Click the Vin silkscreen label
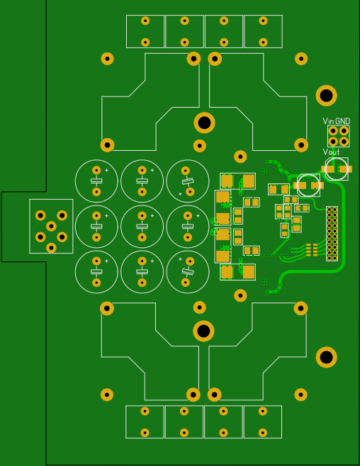click(x=328, y=121)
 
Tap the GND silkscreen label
click(x=342, y=121)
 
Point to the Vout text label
click(x=331, y=152)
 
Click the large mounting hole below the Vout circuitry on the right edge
click(x=326, y=357)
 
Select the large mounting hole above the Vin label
click(x=326, y=96)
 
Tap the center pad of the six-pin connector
click(x=51, y=226)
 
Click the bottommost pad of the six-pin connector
click(x=51, y=248)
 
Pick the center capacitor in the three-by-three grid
click(x=142, y=227)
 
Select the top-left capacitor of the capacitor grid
click(x=96, y=181)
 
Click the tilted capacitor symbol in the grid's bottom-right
click(x=188, y=272)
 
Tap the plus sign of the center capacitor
click(x=152, y=216)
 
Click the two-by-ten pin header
click(x=332, y=234)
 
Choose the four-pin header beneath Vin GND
click(x=339, y=136)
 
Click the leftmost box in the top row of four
click(x=145, y=31)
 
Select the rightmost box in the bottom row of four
click(x=263, y=421)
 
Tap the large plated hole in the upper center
click(x=204, y=123)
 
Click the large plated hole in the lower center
click(x=203, y=331)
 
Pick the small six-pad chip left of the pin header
click(x=312, y=249)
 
